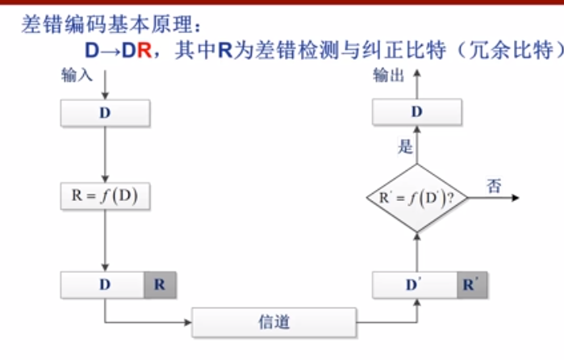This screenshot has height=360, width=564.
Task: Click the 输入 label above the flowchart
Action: [77, 75]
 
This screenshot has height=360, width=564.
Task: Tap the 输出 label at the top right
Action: [387, 75]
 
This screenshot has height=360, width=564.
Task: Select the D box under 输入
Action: [105, 113]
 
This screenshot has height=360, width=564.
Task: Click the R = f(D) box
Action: [105, 197]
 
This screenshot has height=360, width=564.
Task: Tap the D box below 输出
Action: [416, 113]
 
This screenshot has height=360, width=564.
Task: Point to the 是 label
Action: [406, 147]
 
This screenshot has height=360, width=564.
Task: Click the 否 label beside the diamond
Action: [493, 185]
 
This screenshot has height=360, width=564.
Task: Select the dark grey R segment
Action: [160, 284]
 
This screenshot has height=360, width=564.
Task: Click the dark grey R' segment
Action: [472, 284]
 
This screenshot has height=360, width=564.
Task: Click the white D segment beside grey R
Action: [103, 284]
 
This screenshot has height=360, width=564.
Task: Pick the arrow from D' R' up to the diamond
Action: [416, 252]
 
